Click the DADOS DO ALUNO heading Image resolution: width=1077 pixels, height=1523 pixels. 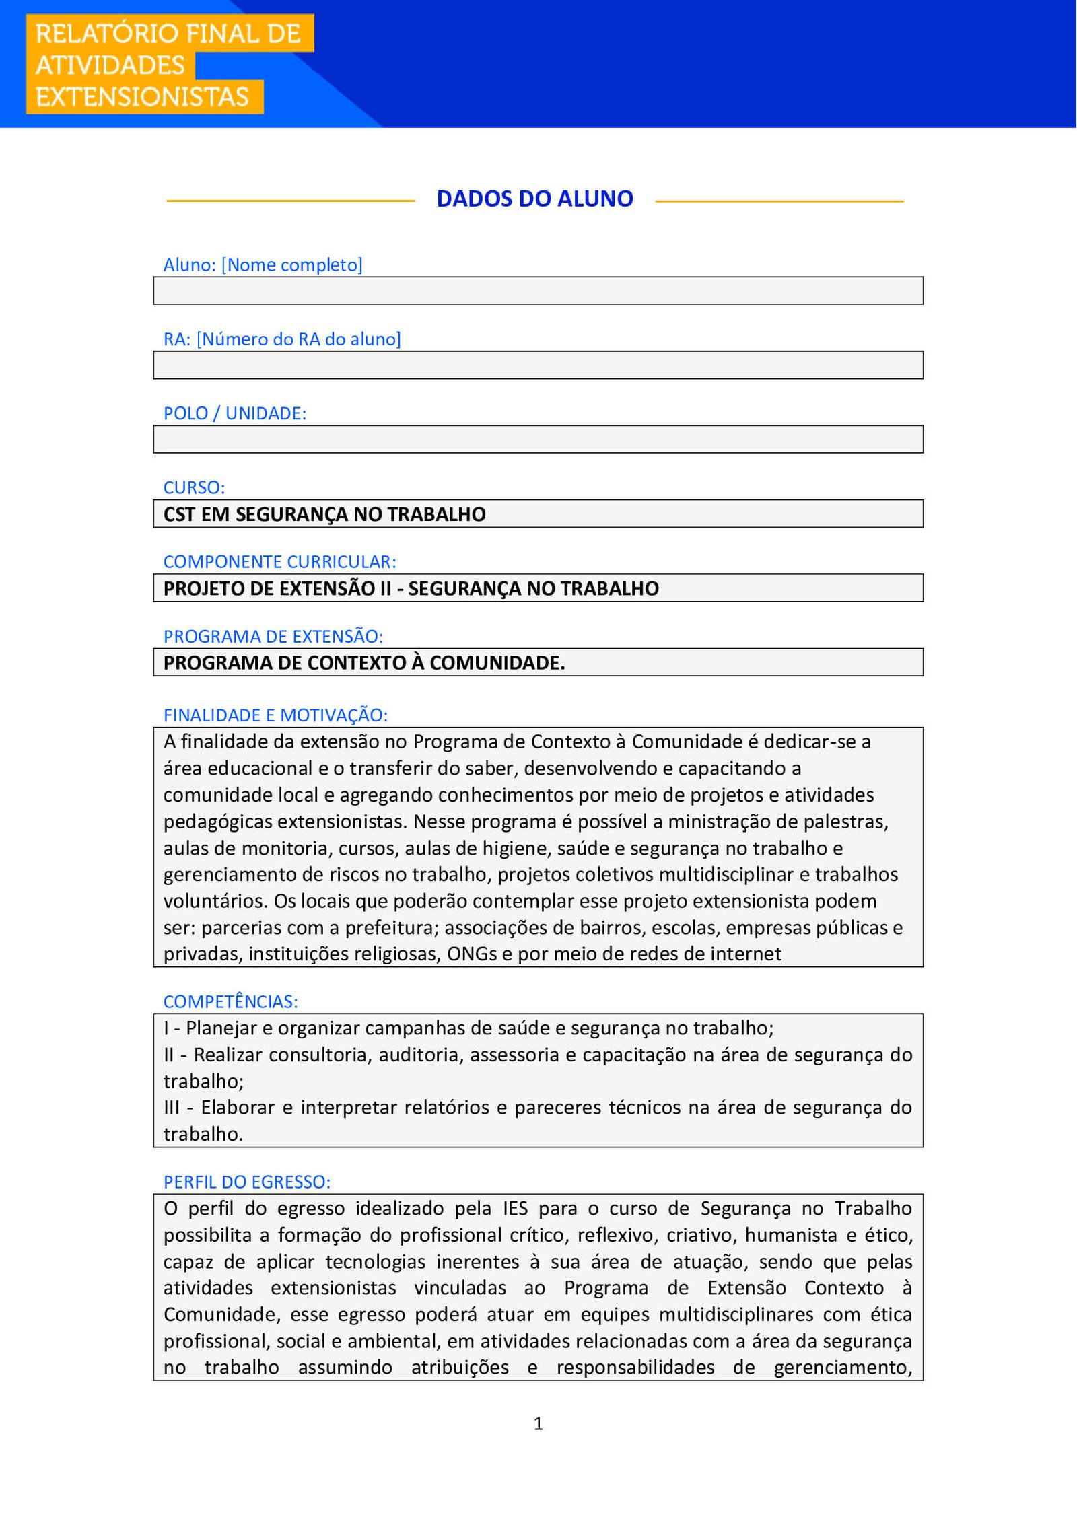coord(534,199)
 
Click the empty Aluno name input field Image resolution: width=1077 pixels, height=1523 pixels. coord(538,291)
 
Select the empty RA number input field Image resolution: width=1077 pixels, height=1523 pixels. coord(538,365)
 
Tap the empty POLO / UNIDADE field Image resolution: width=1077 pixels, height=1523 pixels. coord(538,439)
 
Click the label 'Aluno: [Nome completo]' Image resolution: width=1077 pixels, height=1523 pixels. coord(263,264)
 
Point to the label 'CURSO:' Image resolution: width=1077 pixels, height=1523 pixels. coord(194,487)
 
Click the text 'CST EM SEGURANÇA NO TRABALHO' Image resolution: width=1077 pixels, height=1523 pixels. coord(324,514)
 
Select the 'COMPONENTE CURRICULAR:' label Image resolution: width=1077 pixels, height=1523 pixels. coord(279,561)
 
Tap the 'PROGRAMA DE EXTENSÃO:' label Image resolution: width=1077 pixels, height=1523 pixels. coord(273,636)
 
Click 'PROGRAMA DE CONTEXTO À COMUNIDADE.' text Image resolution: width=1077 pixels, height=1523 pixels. coord(364,663)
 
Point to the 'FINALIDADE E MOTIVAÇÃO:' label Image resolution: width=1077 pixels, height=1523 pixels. coord(275,715)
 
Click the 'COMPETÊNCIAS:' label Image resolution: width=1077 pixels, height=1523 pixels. coord(230,1001)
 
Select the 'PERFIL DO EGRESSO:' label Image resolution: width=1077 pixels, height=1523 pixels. coord(246,1182)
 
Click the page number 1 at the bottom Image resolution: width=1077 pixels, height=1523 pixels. coord(538,1423)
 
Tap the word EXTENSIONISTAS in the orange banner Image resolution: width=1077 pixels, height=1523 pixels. coord(142,97)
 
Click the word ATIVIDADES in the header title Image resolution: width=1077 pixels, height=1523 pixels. coord(110,65)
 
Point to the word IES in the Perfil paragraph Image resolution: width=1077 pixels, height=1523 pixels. coord(515,1208)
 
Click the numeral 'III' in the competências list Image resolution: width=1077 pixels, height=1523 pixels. coord(172,1107)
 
